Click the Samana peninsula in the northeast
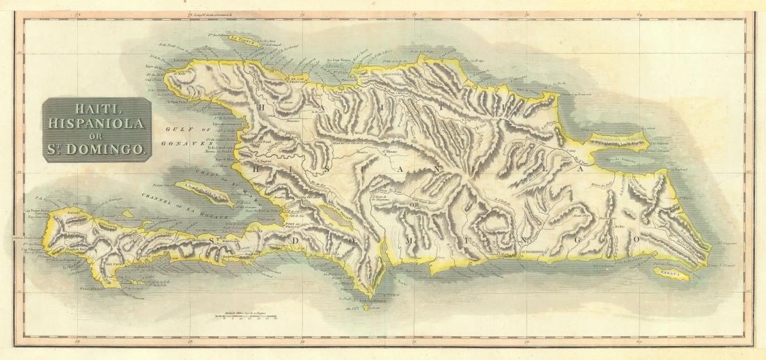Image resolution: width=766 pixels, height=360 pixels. [x=620, y=143]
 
